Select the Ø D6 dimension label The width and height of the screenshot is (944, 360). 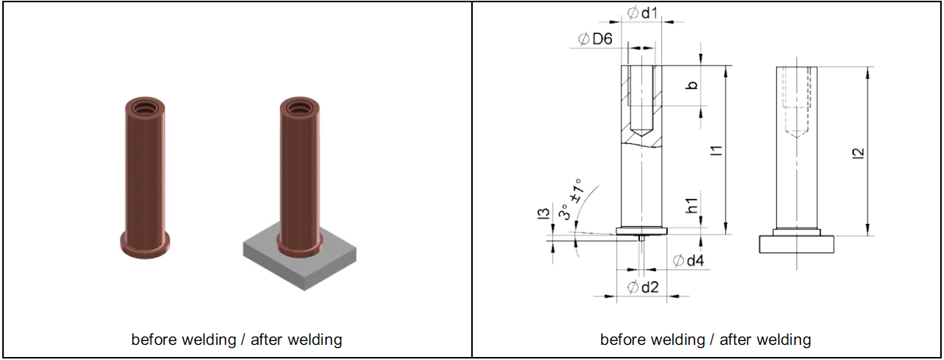point(595,39)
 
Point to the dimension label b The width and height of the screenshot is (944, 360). point(691,85)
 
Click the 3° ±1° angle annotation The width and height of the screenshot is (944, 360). point(570,198)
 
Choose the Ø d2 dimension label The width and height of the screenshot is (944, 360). point(643,286)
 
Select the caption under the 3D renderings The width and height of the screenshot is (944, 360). point(236,339)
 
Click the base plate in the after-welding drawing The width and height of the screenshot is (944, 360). point(797,244)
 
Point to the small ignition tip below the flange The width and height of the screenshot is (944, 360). point(641,238)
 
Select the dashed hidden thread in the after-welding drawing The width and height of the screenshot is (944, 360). point(797,98)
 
